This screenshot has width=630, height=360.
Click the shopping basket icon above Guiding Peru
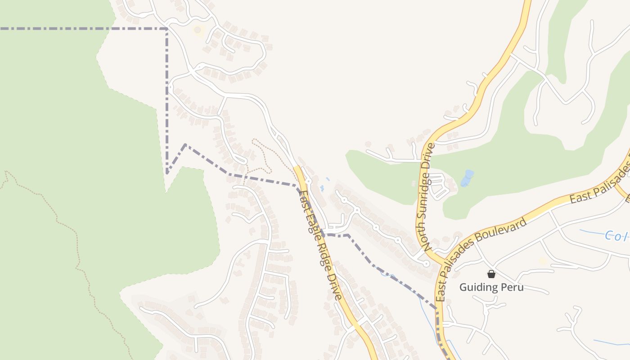pos(491,274)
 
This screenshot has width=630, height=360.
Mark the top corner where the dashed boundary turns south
pos(167,29)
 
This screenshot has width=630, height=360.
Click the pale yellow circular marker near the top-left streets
pos(197,30)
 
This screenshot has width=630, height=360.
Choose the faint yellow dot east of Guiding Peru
pos(542,261)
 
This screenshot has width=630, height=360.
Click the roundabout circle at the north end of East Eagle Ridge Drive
pos(309,181)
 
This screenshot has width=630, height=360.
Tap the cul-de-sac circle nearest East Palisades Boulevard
pos(426,264)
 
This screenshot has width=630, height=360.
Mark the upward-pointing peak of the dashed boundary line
pos(185,145)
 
